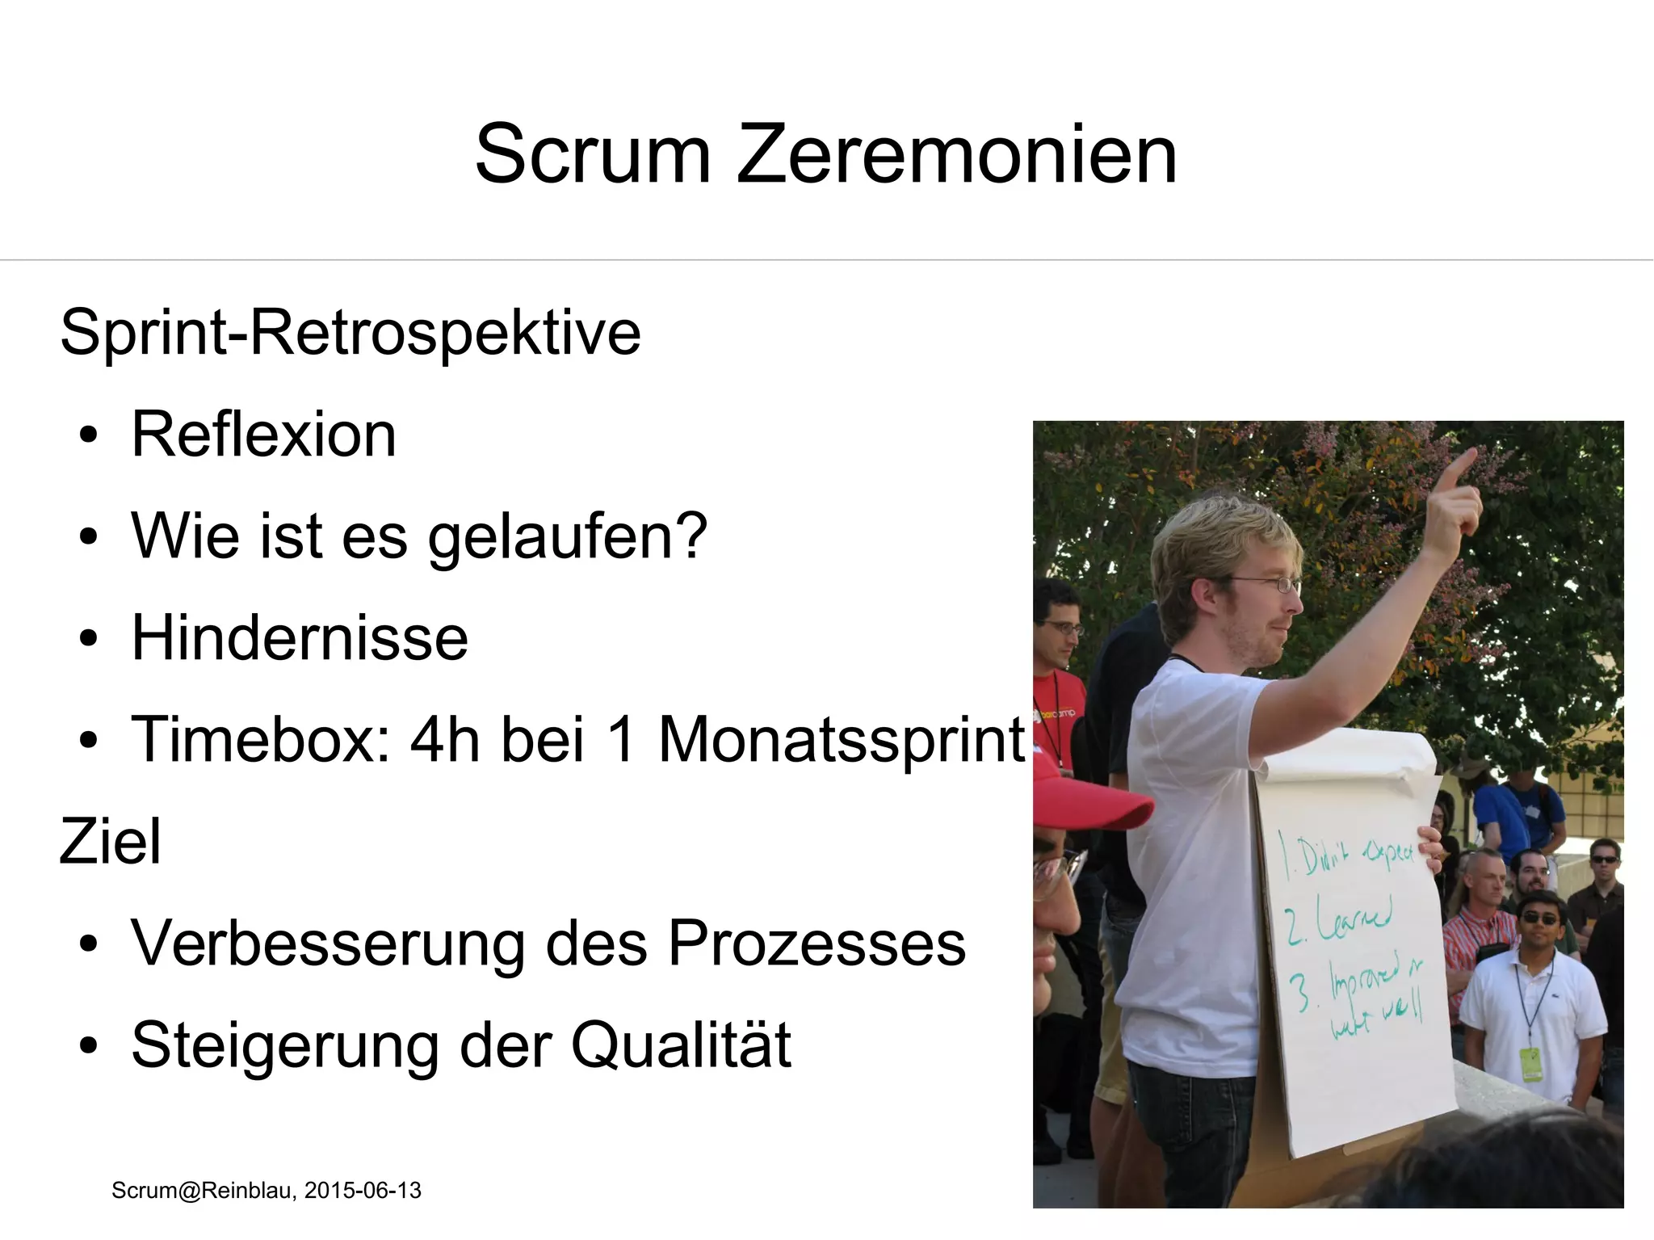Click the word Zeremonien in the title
coord(956,153)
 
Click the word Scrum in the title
coord(593,153)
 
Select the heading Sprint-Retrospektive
coord(351,333)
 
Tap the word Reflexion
coord(263,435)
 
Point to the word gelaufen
coord(568,537)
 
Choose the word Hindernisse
coord(300,638)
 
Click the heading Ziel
coord(111,842)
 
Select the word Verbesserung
coord(328,943)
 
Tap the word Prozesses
coord(817,943)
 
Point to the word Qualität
coord(681,1045)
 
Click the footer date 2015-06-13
coord(363,1190)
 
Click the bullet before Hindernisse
coord(88,639)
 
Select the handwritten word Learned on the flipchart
coord(1354,917)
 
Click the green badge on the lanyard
coord(1530,1063)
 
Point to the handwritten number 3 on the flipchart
coord(1300,993)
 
